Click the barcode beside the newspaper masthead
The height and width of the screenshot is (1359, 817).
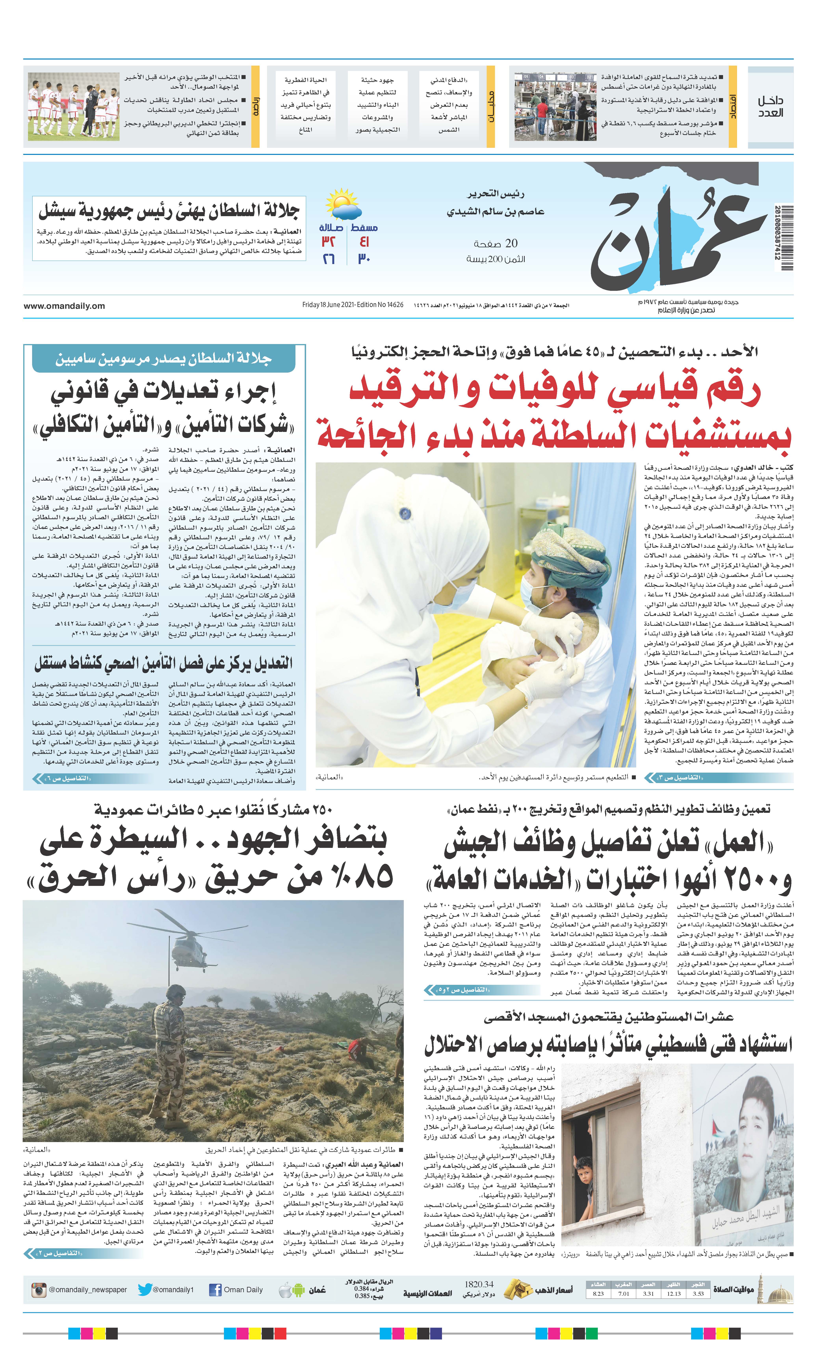[x=787, y=238]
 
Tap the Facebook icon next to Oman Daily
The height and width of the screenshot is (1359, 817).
[x=215, y=1290]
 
